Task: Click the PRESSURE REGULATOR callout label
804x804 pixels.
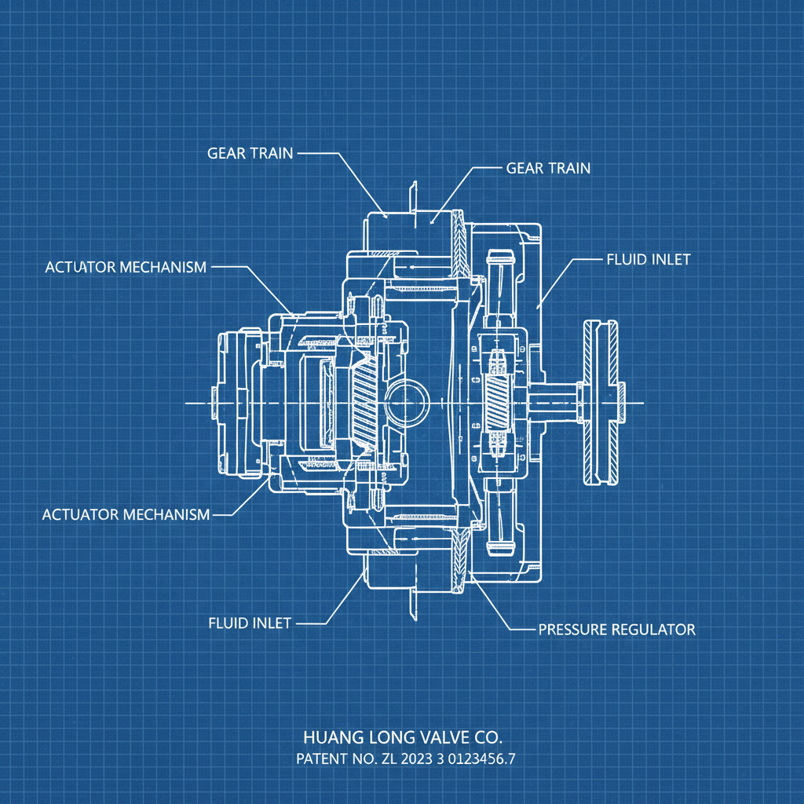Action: pos(616,629)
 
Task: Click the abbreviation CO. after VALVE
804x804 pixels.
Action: pos(487,738)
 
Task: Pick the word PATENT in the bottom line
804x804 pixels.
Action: pos(321,760)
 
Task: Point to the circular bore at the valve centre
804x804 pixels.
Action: pos(406,403)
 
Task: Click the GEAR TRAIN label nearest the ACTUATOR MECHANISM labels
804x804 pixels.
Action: pos(250,153)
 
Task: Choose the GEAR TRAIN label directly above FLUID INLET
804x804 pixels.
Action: pos(548,168)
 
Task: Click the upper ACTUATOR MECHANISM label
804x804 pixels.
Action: pos(126,267)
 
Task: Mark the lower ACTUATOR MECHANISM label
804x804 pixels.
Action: pos(126,515)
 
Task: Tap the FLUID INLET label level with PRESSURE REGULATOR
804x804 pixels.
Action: pos(250,623)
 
